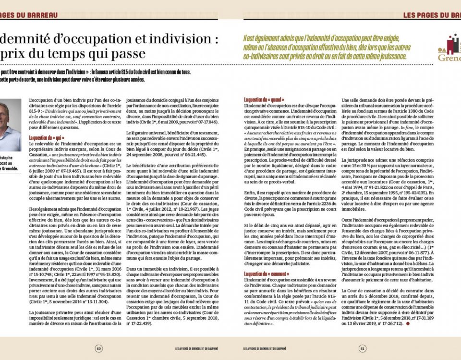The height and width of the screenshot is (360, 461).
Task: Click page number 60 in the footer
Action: (98, 348)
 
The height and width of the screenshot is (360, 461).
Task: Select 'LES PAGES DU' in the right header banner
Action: (421, 14)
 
